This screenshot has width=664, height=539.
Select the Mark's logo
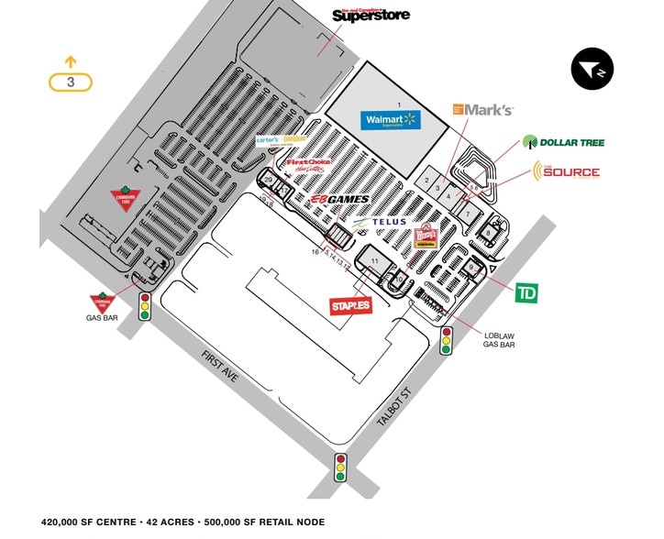[482, 110]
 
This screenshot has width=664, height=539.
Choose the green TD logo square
[526, 293]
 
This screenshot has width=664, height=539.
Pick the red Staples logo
[350, 305]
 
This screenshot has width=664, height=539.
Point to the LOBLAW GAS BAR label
[500, 342]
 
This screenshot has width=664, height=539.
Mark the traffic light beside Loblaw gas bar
[447, 340]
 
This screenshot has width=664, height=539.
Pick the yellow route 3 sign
[71, 81]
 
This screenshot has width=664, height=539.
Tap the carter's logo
[268, 139]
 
